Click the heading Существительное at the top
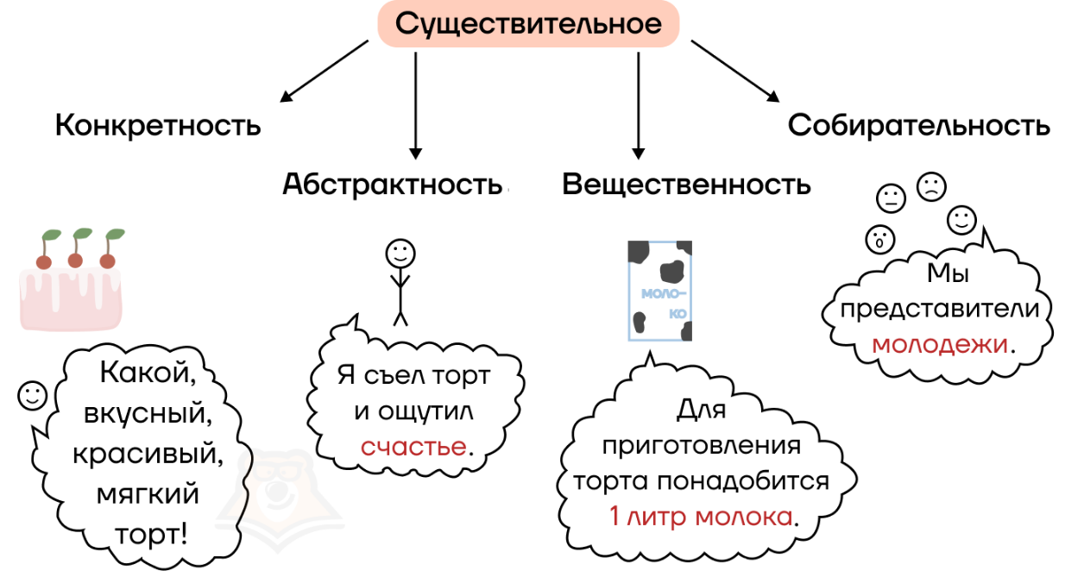528,24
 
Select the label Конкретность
158,126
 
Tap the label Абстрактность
393,185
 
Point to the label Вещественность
686,185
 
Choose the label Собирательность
918,126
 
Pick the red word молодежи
940,344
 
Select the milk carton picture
660,290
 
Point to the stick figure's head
400,253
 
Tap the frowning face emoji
931,186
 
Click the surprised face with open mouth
879,237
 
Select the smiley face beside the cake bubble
33,395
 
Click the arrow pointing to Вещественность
639,103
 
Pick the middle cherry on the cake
76,259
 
